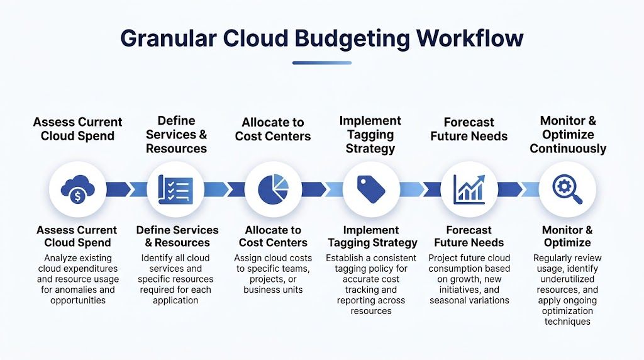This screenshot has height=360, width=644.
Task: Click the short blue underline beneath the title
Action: [x=321, y=62]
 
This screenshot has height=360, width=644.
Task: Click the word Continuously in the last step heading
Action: [x=568, y=149]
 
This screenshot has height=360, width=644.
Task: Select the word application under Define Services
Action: [x=175, y=300]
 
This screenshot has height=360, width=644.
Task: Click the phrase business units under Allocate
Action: [x=273, y=290]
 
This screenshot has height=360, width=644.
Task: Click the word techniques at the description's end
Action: [x=567, y=322]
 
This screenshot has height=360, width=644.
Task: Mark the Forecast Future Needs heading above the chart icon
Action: [x=469, y=129]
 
